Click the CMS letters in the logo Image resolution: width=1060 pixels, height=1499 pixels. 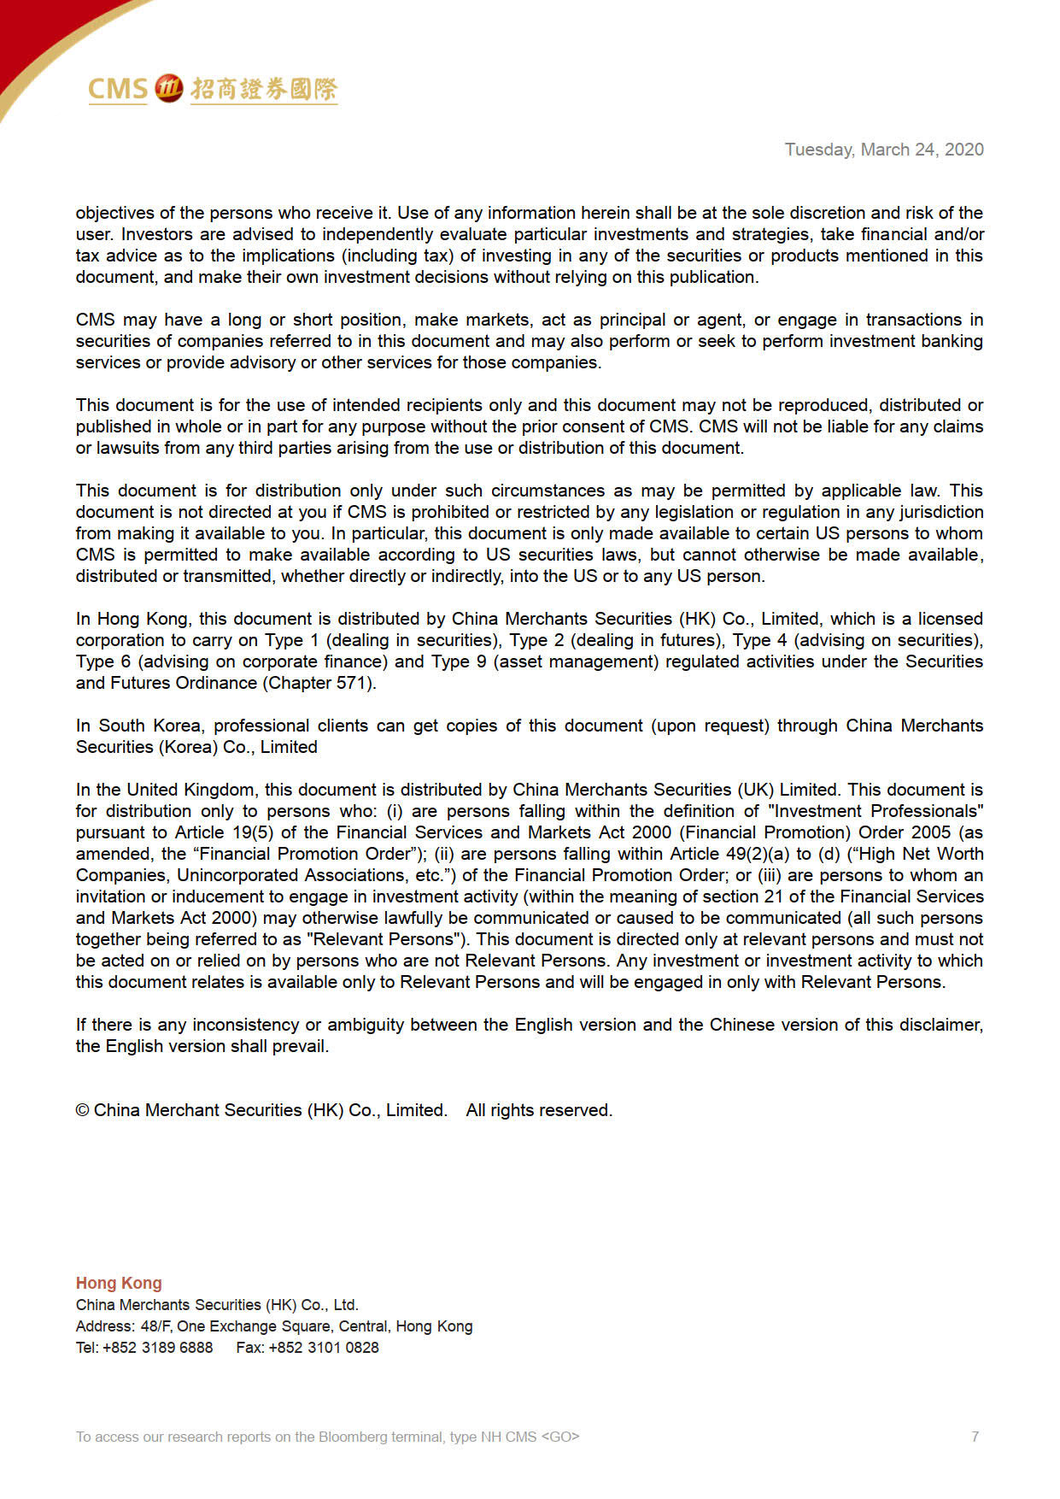[x=118, y=89]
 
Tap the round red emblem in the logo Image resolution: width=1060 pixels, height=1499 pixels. [x=169, y=88]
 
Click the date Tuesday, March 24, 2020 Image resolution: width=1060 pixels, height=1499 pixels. [x=884, y=150]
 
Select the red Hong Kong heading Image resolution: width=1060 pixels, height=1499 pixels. [x=119, y=1283]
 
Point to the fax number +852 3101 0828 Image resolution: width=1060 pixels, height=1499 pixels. [x=324, y=1348]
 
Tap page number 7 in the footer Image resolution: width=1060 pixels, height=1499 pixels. [x=975, y=1437]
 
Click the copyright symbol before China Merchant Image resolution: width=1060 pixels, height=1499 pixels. [x=83, y=1110]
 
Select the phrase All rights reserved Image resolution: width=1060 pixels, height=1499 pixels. [x=539, y=1110]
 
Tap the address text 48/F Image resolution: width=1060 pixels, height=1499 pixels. [x=156, y=1326]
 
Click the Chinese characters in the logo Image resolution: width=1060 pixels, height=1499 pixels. [x=264, y=89]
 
